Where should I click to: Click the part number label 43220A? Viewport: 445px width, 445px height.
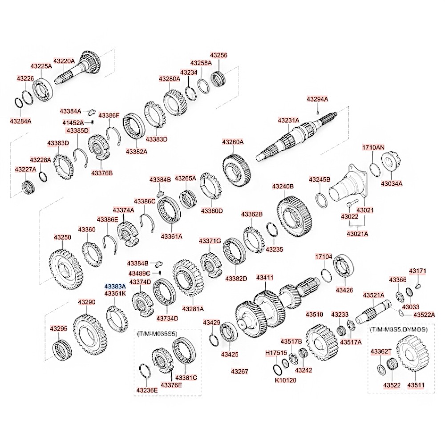(x=65, y=61)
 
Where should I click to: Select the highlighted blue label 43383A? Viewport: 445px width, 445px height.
(x=115, y=287)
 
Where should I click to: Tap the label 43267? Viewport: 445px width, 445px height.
(x=239, y=371)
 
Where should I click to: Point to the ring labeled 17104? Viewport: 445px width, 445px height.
(x=326, y=275)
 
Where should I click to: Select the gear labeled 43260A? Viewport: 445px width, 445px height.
(x=235, y=168)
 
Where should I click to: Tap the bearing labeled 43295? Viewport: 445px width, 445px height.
(x=61, y=349)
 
